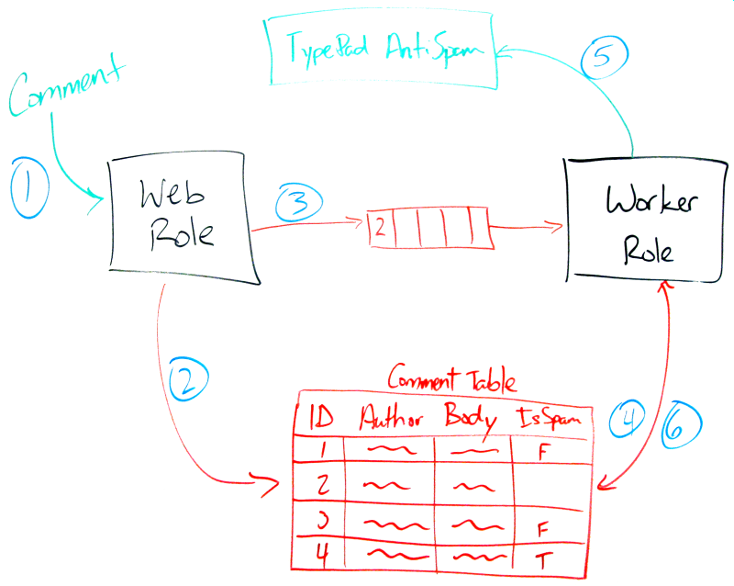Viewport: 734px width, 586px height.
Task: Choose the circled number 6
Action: click(680, 423)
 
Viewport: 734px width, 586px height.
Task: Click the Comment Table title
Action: click(451, 378)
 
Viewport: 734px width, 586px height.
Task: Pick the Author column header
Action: click(392, 419)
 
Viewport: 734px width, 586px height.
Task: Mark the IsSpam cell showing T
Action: click(542, 558)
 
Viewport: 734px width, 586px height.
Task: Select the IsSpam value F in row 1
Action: click(544, 452)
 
